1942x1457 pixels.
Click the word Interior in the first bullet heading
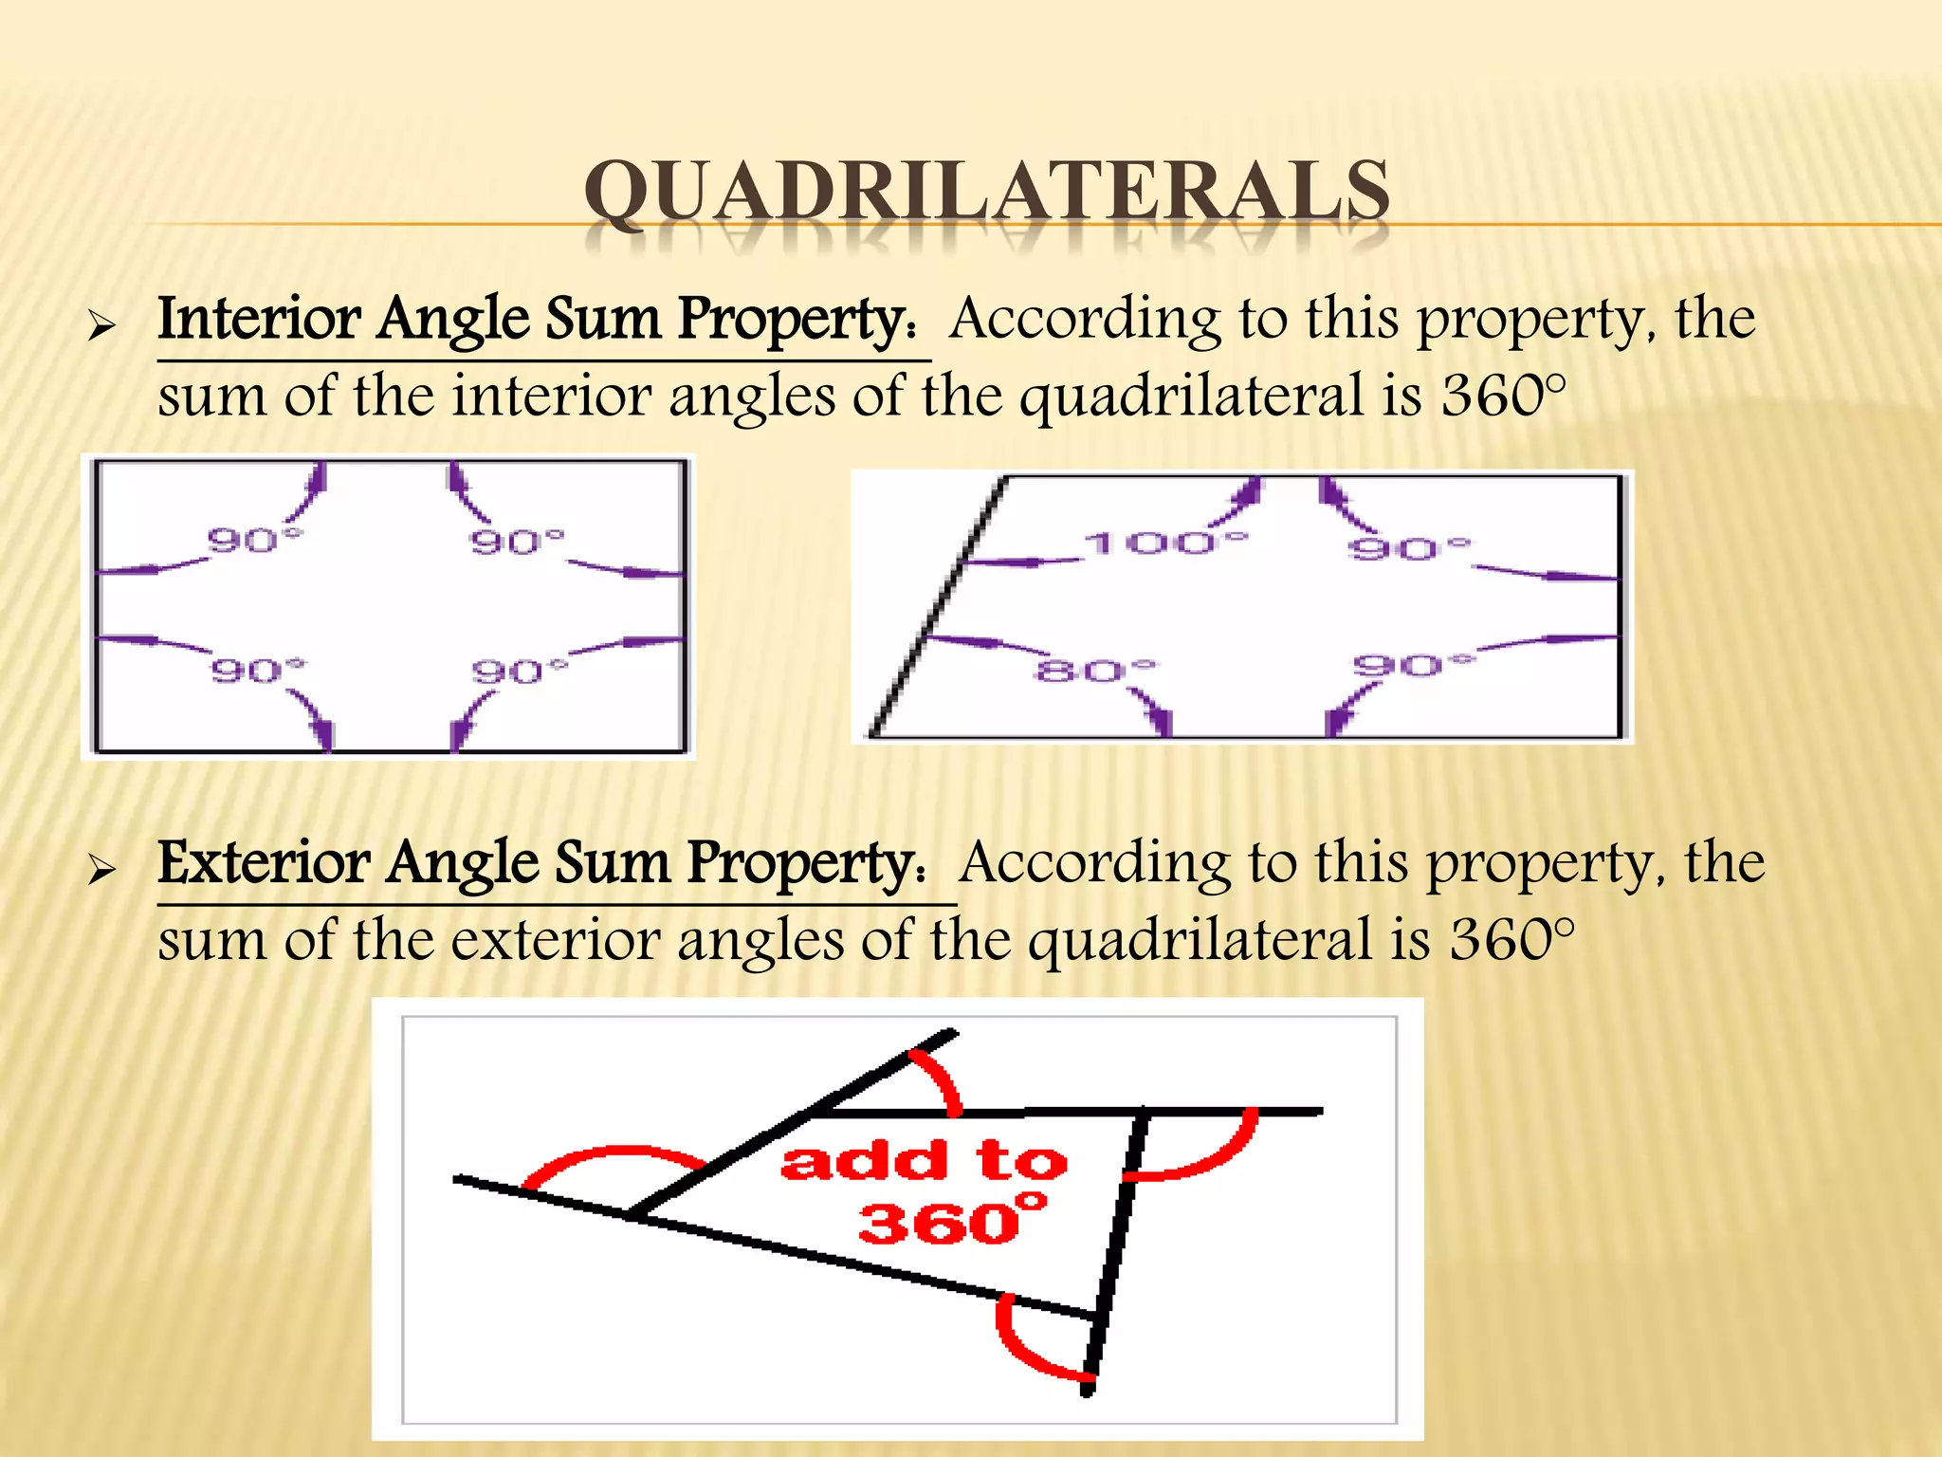pos(259,319)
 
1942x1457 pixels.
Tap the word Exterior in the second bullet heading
pos(264,863)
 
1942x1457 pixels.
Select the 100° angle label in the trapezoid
pos(1166,544)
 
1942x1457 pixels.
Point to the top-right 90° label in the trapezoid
pos(1409,548)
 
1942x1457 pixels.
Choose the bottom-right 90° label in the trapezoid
pos(1413,665)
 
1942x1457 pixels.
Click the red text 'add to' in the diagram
pos(924,1161)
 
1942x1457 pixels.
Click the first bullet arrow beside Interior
pos(101,327)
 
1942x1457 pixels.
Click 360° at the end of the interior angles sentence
pos(1503,396)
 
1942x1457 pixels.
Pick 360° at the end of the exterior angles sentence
pos(1511,940)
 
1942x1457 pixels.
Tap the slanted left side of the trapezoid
pos(939,607)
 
